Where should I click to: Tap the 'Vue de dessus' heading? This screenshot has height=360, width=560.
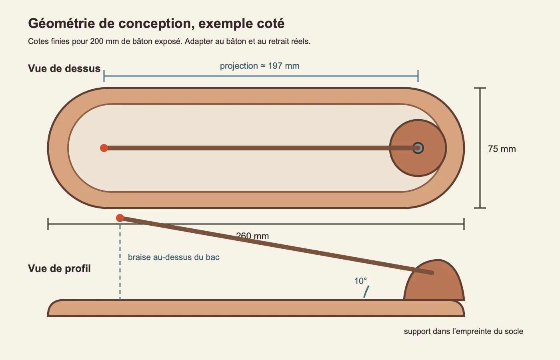[64, 68]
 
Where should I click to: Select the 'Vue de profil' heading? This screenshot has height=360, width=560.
[59, 269]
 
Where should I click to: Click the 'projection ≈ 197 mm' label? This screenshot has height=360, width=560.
[260, 66]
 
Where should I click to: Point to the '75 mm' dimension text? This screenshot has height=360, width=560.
[502, 149]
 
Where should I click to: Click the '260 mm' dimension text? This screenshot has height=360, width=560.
[252, 236]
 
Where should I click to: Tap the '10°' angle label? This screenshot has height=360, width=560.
[360, 281]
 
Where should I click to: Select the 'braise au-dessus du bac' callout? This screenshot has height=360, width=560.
[174, 257]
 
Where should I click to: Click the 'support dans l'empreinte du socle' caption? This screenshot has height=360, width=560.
[464, 332]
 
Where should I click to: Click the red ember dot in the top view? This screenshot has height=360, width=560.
[104, 148]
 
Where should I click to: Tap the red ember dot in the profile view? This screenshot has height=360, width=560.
[120, 218]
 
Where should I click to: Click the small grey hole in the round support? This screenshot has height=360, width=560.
[418, 148]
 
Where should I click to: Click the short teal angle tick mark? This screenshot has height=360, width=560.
[366, 292]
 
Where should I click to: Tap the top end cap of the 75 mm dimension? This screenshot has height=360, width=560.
[480, 88]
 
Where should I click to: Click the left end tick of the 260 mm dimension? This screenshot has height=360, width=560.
[48, 224]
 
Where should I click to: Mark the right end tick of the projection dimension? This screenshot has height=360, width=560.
[418, 76]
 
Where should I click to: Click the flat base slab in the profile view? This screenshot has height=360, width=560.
[256, 308]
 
